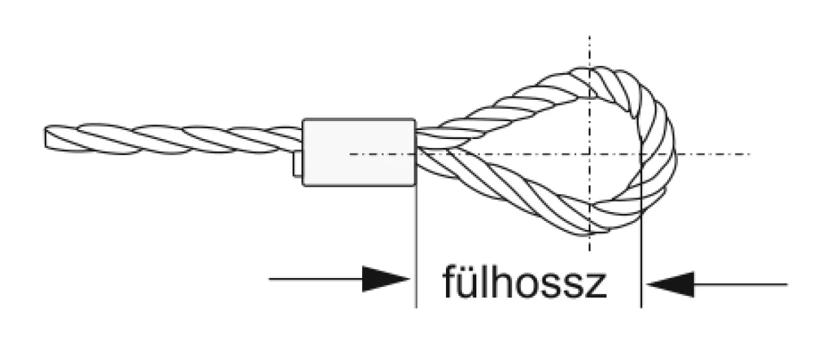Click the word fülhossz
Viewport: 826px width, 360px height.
(525, 282)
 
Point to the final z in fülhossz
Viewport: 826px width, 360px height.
(595, 286)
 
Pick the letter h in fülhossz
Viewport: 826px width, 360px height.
(503, 282)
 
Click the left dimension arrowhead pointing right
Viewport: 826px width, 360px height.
(385, 279)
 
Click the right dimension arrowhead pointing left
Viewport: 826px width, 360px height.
(670, 284)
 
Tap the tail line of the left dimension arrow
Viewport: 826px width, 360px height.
(316, 279)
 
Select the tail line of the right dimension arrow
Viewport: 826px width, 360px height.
(741, 284)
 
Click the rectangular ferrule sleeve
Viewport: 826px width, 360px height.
(359, 152)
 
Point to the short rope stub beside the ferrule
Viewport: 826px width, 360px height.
(297, 164)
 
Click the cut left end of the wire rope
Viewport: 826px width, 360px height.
(45, 138)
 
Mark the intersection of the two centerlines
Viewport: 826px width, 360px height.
(589, 153)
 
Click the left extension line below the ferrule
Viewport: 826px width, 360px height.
(416, 246)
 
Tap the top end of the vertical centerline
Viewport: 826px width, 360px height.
(589, 36)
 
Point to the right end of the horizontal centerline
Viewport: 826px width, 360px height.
(750, 153)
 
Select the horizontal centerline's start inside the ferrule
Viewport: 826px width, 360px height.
(350, 153)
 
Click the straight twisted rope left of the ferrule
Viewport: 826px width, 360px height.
(173, 139)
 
